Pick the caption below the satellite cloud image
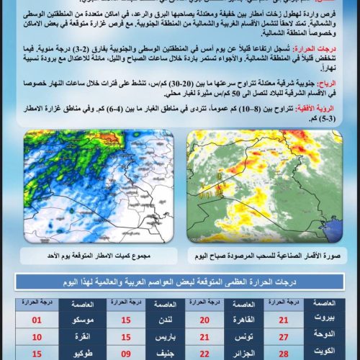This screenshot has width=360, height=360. (x=270, y=255)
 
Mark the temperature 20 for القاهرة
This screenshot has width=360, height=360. (x=204, y=318)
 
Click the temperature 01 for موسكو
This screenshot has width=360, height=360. (x=37, y=318)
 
